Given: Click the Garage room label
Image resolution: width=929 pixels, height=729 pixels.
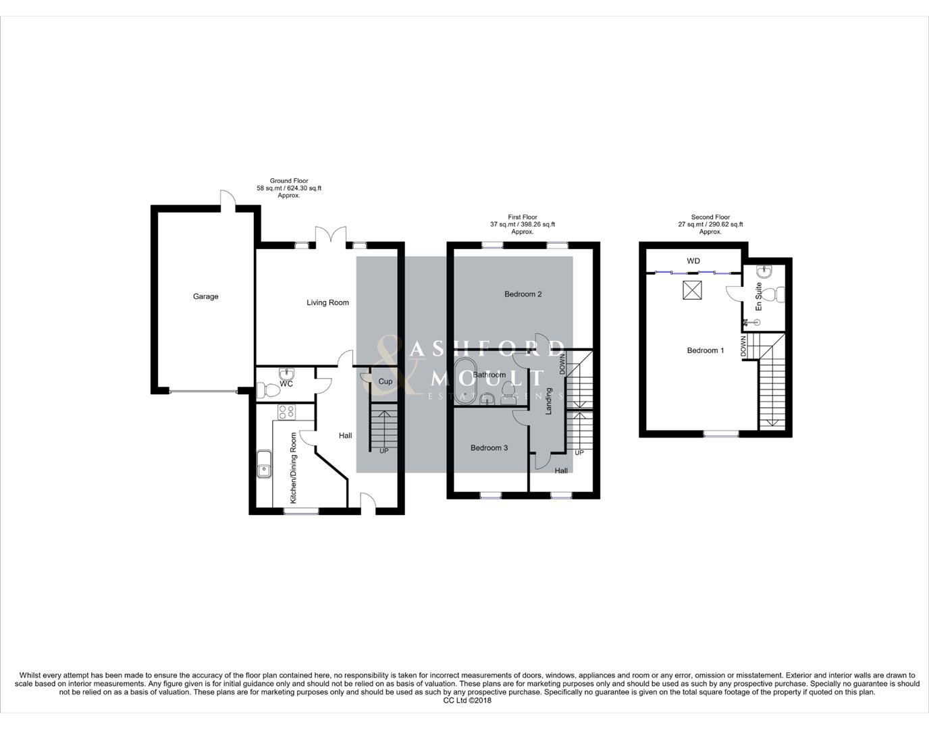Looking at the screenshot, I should pyautogui.click(x=205, y=296).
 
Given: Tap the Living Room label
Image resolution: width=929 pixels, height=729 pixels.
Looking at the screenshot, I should pyautogui.click(x=327, y=302).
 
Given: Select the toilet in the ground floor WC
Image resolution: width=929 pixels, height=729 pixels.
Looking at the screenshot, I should pyautogui.click(x=268, y=389).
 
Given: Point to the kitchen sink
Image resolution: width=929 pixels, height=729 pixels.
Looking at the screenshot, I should pyautogui.click(x=263, y=464).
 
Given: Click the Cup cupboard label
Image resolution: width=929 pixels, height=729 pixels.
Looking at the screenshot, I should pyautogui.click(x=385, y=381).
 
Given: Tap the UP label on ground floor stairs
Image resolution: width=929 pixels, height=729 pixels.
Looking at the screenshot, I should pyautogui.click(x=383, y=451).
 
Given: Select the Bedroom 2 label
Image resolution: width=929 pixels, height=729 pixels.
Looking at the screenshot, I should pyautogui.click(x=523, y=294).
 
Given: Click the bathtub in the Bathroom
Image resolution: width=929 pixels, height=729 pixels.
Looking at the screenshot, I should pyautogui.click(x=464, y=381).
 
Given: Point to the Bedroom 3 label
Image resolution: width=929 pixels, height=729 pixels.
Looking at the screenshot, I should pyautogui.click(x=489, y=448).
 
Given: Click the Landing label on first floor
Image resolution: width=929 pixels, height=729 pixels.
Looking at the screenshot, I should pyautogui.click(x=549, y=400).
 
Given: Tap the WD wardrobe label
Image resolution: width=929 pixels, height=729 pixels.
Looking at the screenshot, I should pyautogui.click(x=693, y=261).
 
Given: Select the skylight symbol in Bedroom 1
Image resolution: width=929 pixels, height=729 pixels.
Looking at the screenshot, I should pyautogui.click(x=691, y=290).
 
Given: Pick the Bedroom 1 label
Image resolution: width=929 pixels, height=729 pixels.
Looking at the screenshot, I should pyautogui.click(x=705, y=350).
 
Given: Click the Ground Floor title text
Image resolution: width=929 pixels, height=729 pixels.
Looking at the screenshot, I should pyautogui.click(x=289, y=181).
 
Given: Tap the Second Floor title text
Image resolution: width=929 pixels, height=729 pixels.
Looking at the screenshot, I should pyautogui.click(x=710, y=217).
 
